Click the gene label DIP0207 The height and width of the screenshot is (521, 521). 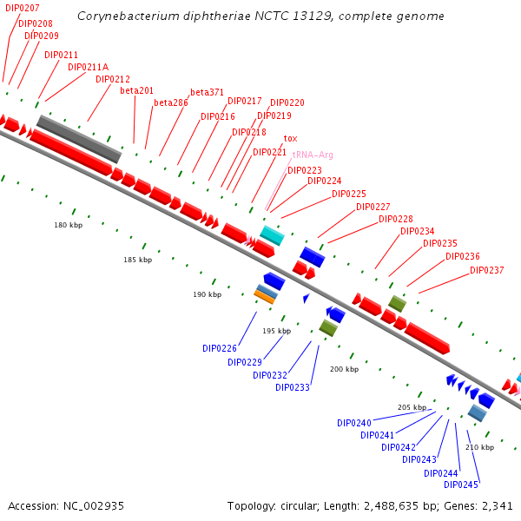coord(22,8)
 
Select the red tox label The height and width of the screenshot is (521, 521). coord(290,139)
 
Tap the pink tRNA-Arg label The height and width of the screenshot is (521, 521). coord(313,155)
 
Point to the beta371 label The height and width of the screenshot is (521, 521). coord(207,93)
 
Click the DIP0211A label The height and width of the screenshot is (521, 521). coord(88,67)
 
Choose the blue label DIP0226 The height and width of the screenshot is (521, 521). coord(220,348)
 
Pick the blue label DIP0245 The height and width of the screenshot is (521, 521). coord(461,485)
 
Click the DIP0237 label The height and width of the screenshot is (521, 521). coord(486,270)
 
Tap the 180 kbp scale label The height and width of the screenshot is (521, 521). coord(68,225)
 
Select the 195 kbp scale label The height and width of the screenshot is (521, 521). coord(277,331)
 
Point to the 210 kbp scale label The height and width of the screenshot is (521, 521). coord(479,447)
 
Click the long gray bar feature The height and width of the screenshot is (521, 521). coord(78,138)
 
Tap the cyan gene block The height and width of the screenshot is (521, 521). coord(272,235)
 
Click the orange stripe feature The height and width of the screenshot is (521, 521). coord(264,298)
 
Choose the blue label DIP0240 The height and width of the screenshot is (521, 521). coord(354,423)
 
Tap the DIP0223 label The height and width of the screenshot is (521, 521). coord(304,170)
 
